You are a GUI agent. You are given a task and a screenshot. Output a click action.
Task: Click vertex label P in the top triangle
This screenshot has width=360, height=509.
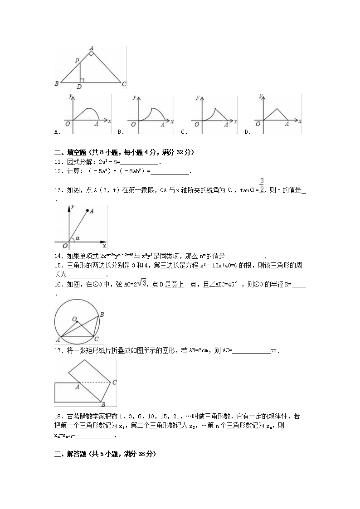point(77,61)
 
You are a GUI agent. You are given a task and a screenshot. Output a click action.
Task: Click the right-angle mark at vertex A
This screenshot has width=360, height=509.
point(91,53)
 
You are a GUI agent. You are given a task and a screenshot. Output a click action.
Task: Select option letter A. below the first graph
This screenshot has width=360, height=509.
point(57,132)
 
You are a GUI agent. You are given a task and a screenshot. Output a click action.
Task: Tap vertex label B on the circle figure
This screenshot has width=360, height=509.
point(102,315)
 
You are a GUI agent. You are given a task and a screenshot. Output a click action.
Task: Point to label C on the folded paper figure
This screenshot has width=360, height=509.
point(115,383)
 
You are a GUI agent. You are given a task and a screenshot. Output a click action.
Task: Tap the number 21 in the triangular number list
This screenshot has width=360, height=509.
point(178,416)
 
